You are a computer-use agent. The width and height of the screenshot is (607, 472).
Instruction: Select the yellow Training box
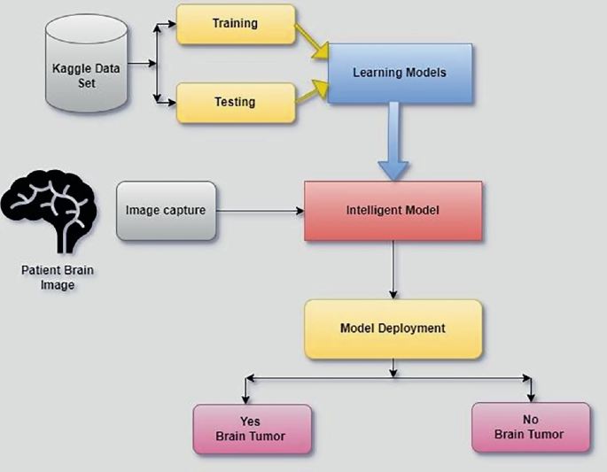click(x=234, y=24)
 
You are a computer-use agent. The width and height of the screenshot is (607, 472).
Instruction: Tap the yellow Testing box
click(x=234, y=102)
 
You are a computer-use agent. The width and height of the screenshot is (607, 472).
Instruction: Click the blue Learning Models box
click(x=399, y=72)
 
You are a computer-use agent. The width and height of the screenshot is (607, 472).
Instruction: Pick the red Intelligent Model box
click(x=393, y=211)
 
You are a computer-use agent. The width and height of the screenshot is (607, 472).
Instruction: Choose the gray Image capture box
click(x=166, y=211)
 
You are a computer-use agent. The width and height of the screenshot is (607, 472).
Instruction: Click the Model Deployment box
click(x=393, y=328)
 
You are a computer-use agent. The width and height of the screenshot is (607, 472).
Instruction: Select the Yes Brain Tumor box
click(x=252, y=429)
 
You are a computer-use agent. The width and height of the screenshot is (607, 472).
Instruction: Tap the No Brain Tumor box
click(x=530, y=428)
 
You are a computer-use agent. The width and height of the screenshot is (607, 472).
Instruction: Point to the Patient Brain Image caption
click(x=48, y=278)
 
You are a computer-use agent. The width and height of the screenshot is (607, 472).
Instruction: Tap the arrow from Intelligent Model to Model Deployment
click(x=393, y=270)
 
